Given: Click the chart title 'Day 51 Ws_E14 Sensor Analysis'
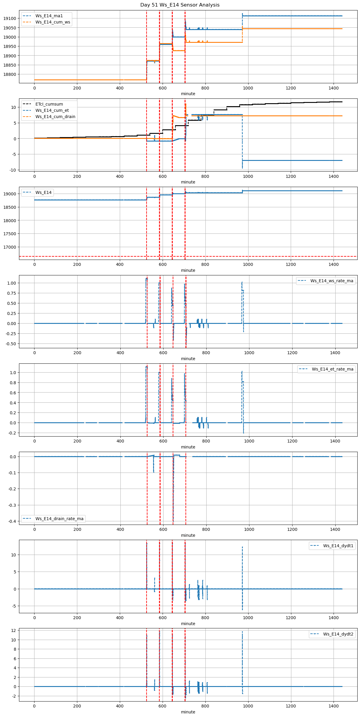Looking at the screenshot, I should coord(180,5).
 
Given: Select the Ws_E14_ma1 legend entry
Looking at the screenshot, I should coord(49,16).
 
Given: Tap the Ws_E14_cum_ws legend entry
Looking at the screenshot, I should coord(53,22).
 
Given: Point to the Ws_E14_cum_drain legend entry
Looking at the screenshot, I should coord(55,117).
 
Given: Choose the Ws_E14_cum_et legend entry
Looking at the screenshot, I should coord(52,110).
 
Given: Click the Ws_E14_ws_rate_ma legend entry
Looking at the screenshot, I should coord(332,281).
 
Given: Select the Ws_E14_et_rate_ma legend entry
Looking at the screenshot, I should coord(332,369).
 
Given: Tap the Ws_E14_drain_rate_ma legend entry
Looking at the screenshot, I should coord(59,519).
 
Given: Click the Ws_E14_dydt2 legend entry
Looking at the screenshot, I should coord(338,634).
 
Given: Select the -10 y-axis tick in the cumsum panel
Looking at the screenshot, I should coord(13,170).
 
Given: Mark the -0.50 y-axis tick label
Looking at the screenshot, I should coord(11,344).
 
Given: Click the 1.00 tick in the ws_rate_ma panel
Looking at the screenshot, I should coord(12,283).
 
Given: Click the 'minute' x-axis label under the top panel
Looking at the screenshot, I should coord(188,94).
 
